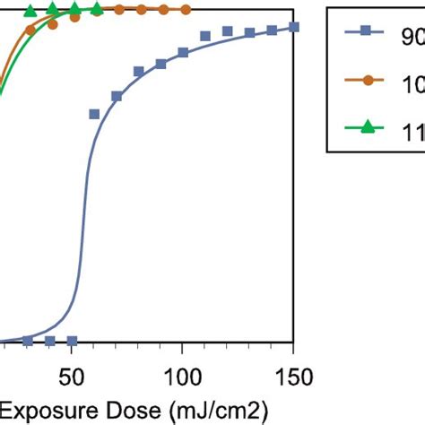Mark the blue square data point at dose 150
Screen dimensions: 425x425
[294, 28]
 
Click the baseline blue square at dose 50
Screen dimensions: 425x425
[72, 341]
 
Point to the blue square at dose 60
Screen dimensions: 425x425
[94, 114]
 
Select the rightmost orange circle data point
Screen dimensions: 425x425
[185, 10]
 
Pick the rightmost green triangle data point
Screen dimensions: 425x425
[97, 10]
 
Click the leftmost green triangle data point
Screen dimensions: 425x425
[30, 12]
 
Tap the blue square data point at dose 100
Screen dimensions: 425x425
[183, 53]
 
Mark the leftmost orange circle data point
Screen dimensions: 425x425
[30, 30]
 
